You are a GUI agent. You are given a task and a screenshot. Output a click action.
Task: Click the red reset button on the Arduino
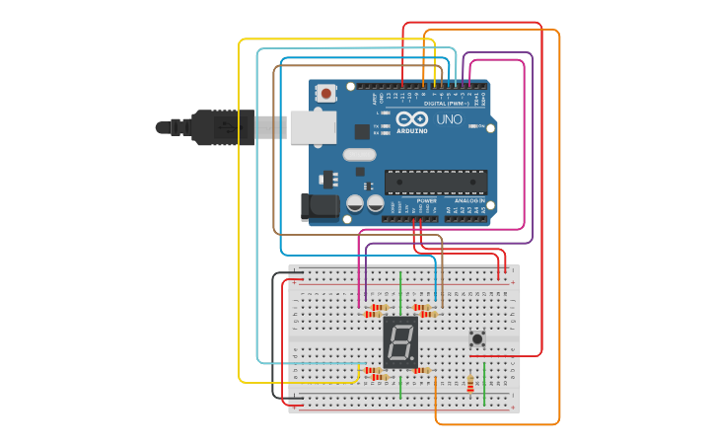point(325,93)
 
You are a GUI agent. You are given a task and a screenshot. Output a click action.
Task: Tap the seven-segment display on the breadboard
point(400,343)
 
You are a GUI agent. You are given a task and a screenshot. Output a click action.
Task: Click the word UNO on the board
point(450,119)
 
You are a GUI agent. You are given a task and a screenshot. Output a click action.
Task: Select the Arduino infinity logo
point(412,119)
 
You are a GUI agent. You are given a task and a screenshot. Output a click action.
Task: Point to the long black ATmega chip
point(435,181)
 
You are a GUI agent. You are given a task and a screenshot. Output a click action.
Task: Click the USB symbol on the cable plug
point(225,127)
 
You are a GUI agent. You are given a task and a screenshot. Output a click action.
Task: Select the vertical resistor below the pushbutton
point(470,384)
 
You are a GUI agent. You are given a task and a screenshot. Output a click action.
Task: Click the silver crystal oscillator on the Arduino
point(360,154)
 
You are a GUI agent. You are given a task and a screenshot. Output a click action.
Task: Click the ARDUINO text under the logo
point(413,130)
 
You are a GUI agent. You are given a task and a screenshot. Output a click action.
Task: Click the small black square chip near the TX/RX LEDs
point(362,130)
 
